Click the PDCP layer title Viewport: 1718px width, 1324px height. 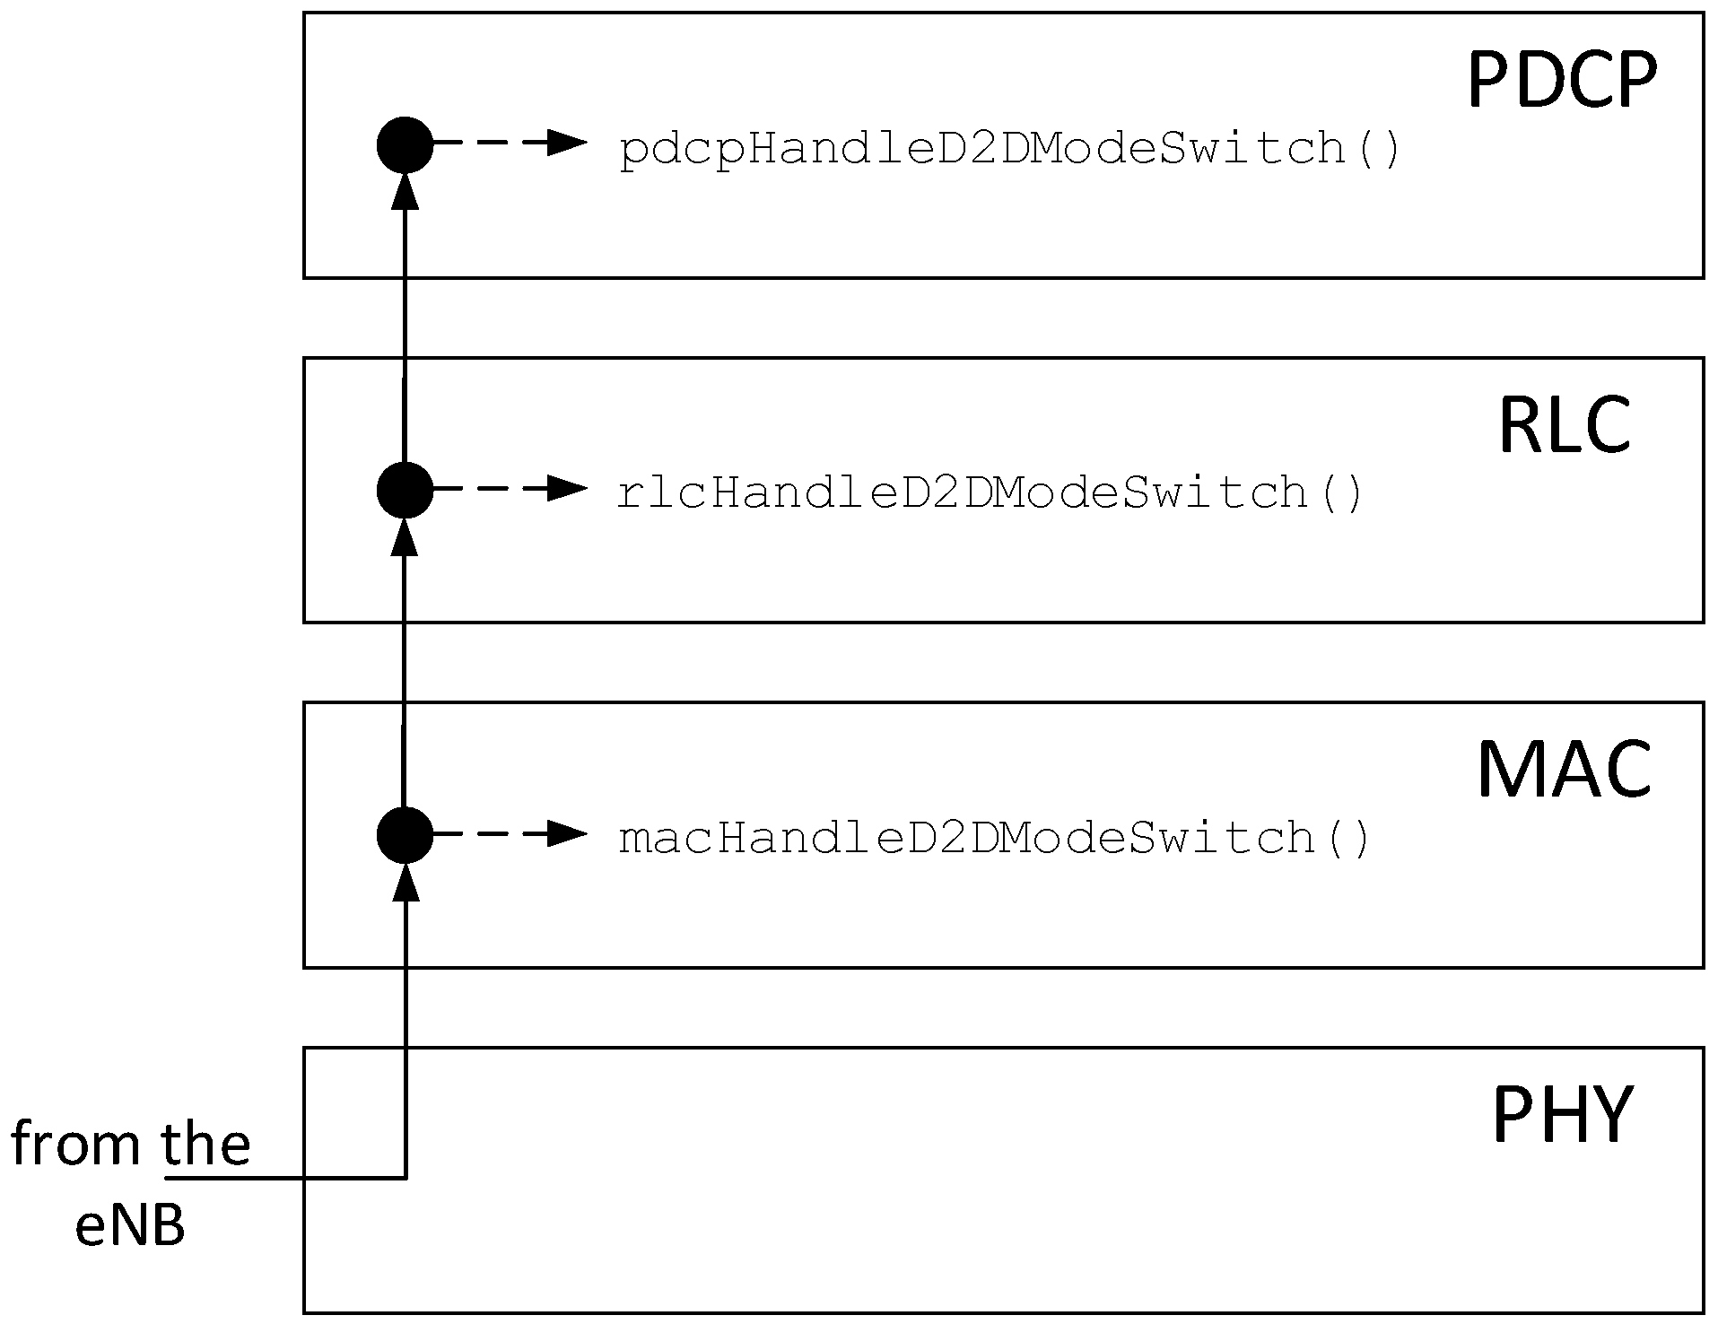click(x=1562, y=81)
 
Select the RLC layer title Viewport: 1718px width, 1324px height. click(x=1565, y=425)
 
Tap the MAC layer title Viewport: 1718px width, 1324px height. click(x=1565, y=770)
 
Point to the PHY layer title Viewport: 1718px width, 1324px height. click(x=1562, y=1115)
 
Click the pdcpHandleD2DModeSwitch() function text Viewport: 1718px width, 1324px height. click(x=1009, y=149)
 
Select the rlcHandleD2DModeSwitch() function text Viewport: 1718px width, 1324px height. click(x=990, y=493)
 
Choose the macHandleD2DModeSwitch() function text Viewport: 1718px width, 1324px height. click(x=994, y=838)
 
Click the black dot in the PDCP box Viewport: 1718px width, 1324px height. click(x=405, y=144)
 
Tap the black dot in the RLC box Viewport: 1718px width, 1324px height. click(x=405, y=490)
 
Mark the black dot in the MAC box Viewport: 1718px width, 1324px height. click(x=405, y=834)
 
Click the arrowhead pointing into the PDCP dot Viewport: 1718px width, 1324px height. click(x=406, y=190)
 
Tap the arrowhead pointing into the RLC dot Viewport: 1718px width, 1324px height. click(x=406, y=536)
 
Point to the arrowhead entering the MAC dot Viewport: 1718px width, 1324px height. click(x=406, y=881)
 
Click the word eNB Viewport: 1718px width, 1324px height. click(x=130, y=1226)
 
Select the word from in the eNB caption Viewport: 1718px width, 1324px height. click(x=75, y=1145)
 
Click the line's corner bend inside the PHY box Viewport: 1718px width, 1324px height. click(x=406, y=1177)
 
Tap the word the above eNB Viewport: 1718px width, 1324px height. click(x=205, y=1145)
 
